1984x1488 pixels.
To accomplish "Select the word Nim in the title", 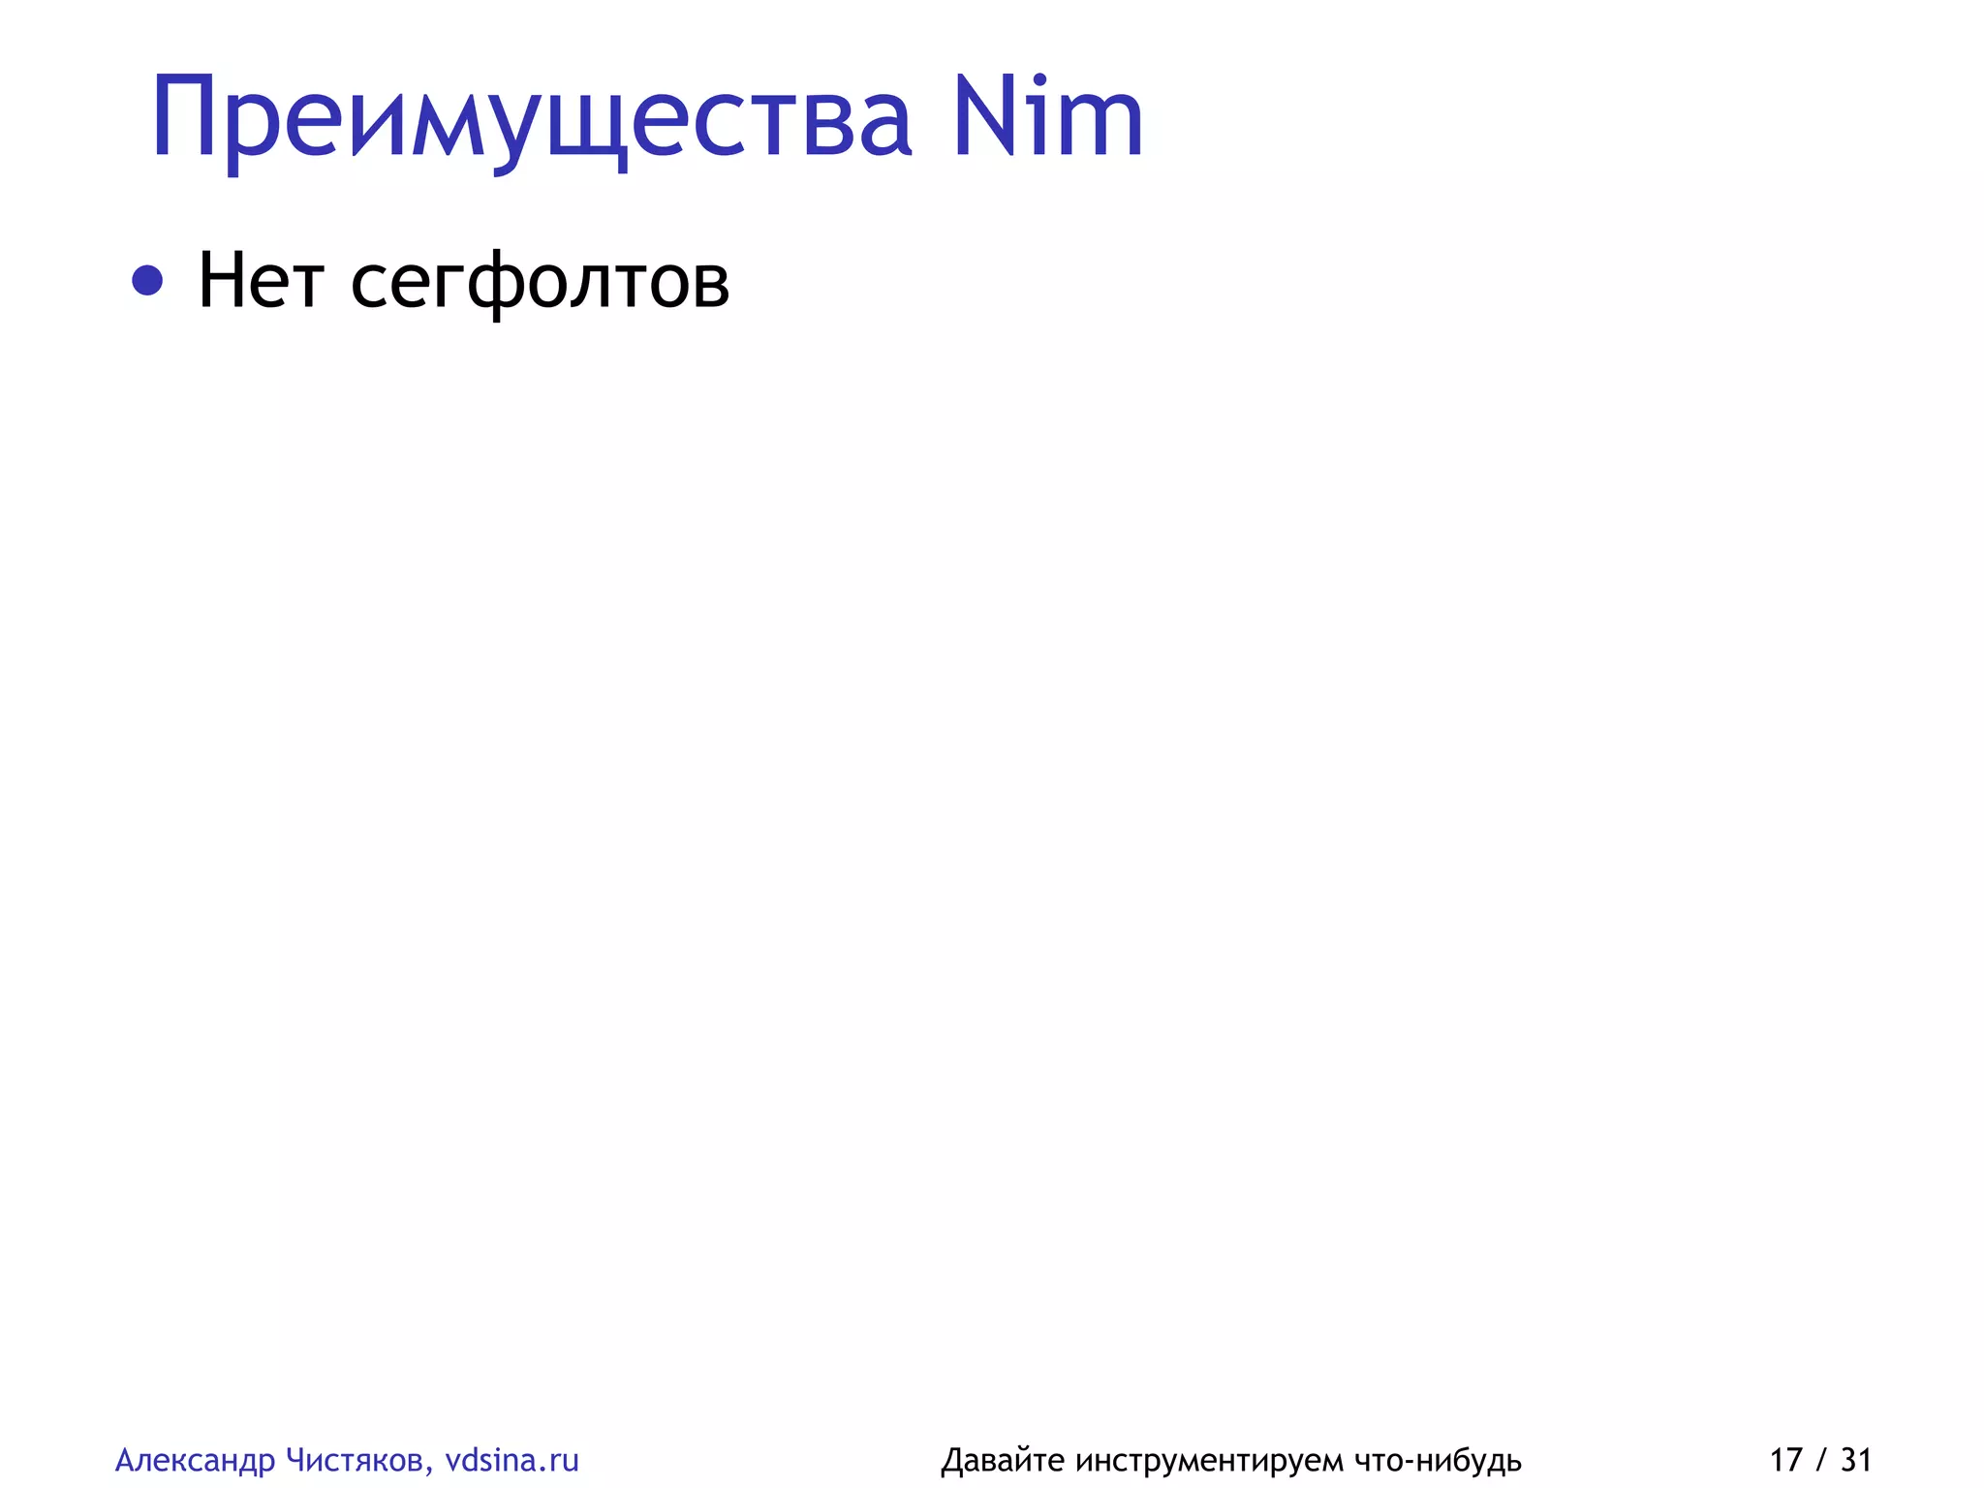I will click(x=1047, y=118).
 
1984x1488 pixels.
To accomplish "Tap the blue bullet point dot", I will click(x=147, y=281).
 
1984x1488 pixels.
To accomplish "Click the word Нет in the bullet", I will click(x=260, y=281).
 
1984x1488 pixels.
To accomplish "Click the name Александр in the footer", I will click(x=195, y=1460).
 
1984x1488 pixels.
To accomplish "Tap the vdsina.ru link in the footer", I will click(x=511, y=1459).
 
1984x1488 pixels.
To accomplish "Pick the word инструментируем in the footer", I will click(x=1209, y=1461).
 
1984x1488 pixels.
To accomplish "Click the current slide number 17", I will click(x=1786, y=1459).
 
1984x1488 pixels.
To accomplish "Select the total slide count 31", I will click(x=1856, y=1459).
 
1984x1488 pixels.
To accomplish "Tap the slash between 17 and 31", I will click(x=1822, y=1460).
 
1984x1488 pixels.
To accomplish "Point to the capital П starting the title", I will click(x=183, y=118).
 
